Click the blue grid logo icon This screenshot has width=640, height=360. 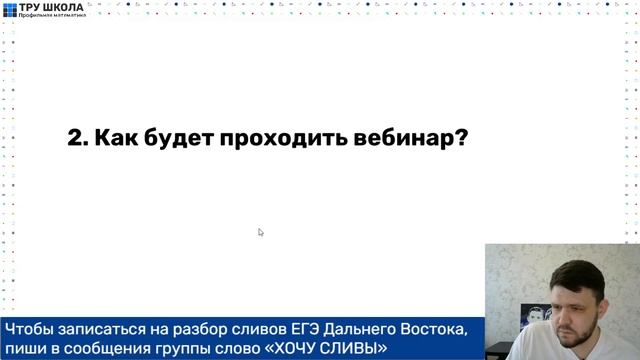[x=10, y=11]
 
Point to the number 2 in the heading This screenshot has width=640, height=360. [x=74, y=139]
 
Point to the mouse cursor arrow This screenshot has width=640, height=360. [x=260, y=232]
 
